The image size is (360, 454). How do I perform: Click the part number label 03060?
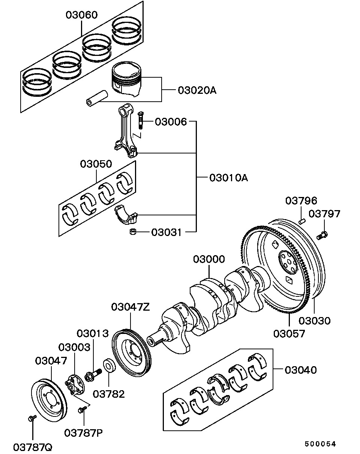click(81, 15)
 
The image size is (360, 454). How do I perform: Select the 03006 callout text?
click(171, 122)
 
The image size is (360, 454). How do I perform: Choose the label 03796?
click(301, 200)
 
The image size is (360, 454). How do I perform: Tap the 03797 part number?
click(324, 214)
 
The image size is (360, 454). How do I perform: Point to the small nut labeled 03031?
click(132, 232)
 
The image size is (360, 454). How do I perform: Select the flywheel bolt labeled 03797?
click(322, 235)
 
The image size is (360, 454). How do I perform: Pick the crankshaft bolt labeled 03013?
click(93, 374)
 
